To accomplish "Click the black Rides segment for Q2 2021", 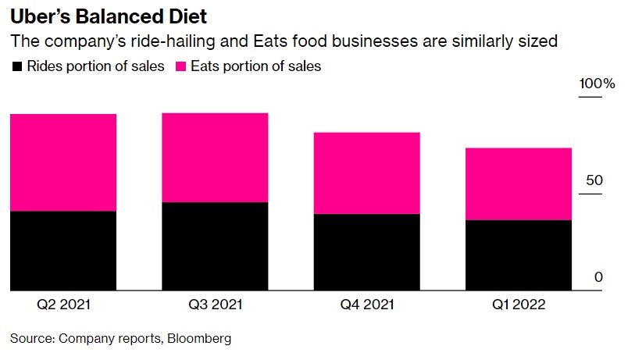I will (x=63, y=250).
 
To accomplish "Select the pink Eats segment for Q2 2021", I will (x=63, y=162).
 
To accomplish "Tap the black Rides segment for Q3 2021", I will (x=215, y=246).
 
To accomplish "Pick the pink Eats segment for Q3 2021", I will (x=215, y=158).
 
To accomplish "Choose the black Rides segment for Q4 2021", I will (x=366, y=251).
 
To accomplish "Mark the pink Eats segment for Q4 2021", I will (x=366, y=173).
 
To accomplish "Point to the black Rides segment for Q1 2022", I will (x=518, y=255).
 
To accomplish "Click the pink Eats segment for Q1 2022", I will (x=518, y=184).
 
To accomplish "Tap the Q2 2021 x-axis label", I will (x=63, y=305).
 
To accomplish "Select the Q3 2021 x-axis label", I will (x=215, y=305).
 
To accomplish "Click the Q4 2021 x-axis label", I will (x=366, y=305).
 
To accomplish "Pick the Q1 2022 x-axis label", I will (x=518, y=305).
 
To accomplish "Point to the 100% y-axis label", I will (x=597, y=84).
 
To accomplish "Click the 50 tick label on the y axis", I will (x=595, y=180).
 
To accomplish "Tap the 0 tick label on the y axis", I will (x=599, y=277).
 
